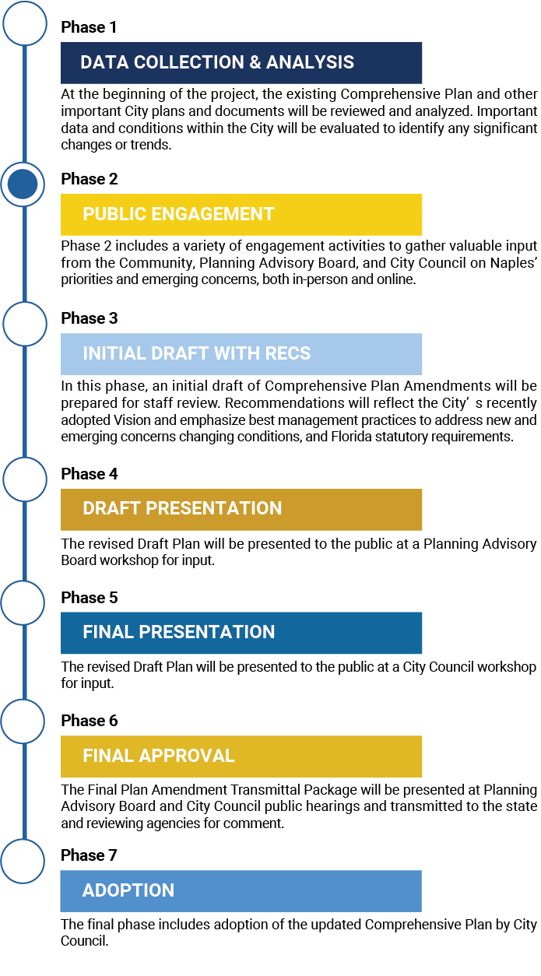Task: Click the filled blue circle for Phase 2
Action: click(x=24, y=184)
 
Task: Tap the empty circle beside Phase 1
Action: click(x=25, y=23)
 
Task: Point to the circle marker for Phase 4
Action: click(x=24, y=479)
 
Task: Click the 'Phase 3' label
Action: click(x=90, y=318)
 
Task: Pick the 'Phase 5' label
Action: click(x=90, y=598)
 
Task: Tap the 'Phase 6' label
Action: click(x=90, y=721)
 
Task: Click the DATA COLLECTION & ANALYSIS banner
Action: click(x=241, y=63)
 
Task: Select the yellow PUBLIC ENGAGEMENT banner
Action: click(x=241, y=214)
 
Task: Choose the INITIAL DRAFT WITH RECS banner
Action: click(x=241, y=353)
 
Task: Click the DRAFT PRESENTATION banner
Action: click(x=241, y=509)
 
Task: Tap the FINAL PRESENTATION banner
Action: click(x=241, y=632)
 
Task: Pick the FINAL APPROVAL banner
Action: click(x=241, y=756)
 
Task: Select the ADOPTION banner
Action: click(x=241, y=890)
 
